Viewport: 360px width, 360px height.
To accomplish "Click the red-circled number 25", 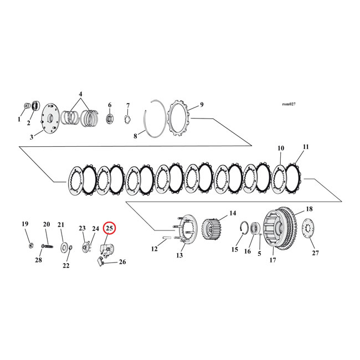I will pyautogui.click(x=109, y=228).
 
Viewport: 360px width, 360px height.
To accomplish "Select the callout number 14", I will pyautogui.click(x=232, y=213).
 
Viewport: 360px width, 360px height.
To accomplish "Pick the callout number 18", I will pyautogui.click(x=309, y=209).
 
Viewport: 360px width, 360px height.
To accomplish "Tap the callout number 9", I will pyautogui.click(x=202, y=105).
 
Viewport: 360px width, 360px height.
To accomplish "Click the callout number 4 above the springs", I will pyautogui.click(x=81, y=94).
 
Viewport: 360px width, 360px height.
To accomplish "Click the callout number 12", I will pyautogui.click(x=154, y=249).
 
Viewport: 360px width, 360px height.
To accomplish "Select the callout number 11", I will pyautogui.click(x=305, y=147).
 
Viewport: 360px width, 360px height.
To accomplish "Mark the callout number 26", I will pyautogui.click(x=122, y=262).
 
